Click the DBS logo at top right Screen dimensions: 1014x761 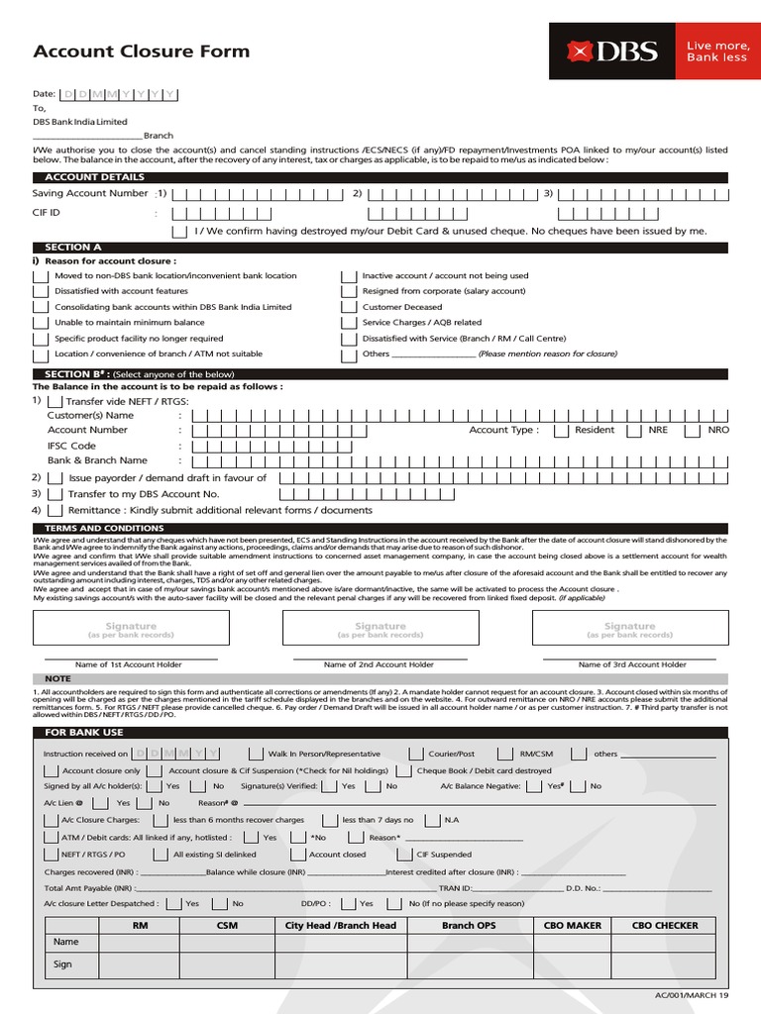click(611, 51)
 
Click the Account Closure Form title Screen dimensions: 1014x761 click(142, 51)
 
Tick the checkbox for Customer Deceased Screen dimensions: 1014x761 click(348, 307)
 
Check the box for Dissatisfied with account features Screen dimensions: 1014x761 click(40, 291)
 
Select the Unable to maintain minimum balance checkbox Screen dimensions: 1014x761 click(40, 323)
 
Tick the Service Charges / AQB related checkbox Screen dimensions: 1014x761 click(348, 323)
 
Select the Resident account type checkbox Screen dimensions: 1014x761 click(561, 431)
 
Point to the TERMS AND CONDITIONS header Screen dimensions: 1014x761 click(90, 529)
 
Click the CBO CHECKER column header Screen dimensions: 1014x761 click(664, 925)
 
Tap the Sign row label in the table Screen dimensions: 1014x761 click(62, 963)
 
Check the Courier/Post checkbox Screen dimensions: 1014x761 click(417, 754)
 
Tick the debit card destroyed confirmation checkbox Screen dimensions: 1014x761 click(178, 231)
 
